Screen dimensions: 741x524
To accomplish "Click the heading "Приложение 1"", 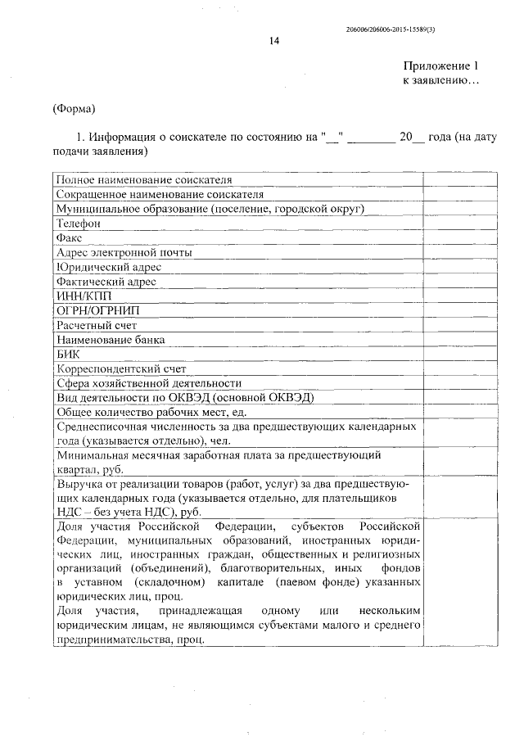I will point(440,66).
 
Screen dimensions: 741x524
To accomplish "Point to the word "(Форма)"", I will point(74,108).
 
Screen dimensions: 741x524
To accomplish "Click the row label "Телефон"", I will point(79,223).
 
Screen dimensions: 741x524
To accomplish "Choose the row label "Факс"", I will point(70,237).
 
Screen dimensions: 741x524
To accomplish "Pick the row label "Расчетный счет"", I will point(90,325).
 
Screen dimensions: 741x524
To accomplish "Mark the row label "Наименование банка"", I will point(110,339).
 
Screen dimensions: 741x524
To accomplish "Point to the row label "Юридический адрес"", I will point(108,267).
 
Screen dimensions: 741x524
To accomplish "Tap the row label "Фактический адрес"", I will point(106,282).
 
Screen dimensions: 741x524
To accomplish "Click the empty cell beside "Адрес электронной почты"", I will point(459,252).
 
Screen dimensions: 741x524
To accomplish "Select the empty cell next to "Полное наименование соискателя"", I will point(459,179).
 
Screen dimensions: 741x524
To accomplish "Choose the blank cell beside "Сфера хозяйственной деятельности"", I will point(459,382).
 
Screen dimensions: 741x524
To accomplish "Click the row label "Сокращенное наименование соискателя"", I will point(160,194).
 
